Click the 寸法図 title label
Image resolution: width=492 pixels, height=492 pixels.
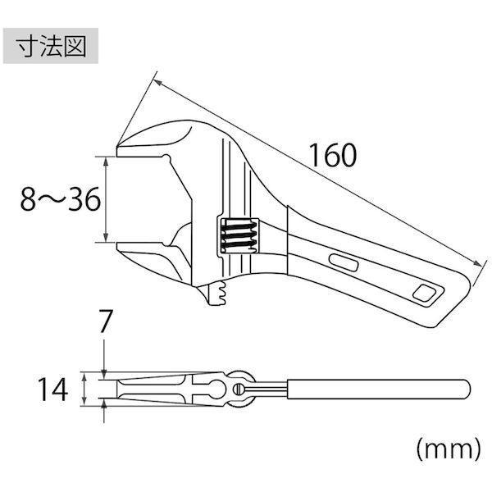51,46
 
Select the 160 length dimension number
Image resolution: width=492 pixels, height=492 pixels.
333,155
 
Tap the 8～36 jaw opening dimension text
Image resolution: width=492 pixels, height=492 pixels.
60,199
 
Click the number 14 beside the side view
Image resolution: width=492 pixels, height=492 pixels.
52,389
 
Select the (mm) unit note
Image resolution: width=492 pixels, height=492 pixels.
449,449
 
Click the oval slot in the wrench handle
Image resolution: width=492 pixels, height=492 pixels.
344,262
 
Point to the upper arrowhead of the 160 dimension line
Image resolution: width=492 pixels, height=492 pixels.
157,82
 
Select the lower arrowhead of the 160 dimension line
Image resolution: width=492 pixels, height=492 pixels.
477,263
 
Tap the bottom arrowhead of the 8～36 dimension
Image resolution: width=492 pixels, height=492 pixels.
106,238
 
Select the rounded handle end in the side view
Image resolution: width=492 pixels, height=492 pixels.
465,389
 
